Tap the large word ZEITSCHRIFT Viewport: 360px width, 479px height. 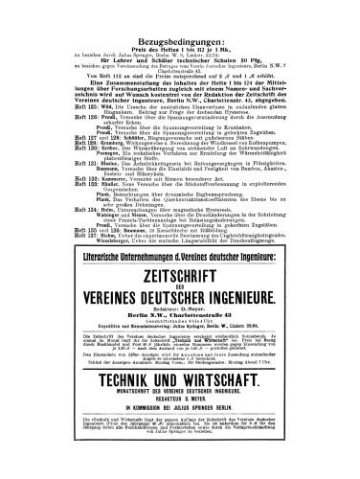pos(179,237)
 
